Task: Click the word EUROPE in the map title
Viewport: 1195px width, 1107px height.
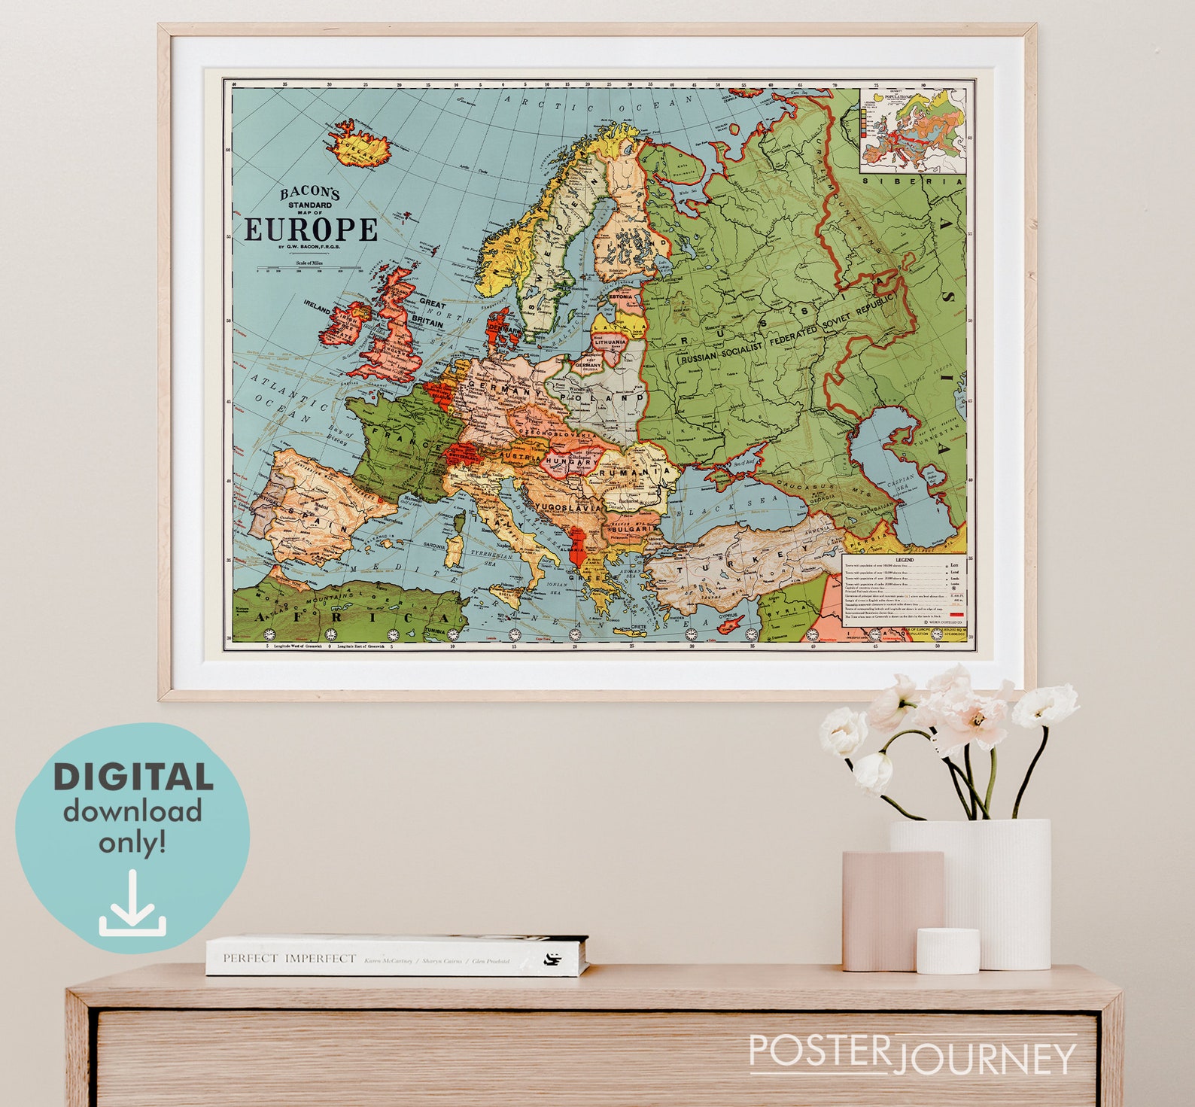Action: pyautogui.click(x=311, y=229)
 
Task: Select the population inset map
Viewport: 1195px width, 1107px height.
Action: pyautogui.click(x=913, y=131)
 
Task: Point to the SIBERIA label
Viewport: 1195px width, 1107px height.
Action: pyautogui.click(x=912, y=181)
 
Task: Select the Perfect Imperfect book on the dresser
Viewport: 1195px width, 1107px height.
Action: pyautogui.click(x=397, y=956)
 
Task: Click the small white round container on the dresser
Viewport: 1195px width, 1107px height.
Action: pyautogui.click(x=947, y=950)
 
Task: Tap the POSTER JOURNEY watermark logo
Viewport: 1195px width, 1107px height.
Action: pyautogui.click(x=912, y=1055)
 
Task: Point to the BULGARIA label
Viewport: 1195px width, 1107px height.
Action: pyautogui.click(x=631, y=530)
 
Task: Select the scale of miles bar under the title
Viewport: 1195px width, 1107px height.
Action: pyautogui.click(x=308, y=268)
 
